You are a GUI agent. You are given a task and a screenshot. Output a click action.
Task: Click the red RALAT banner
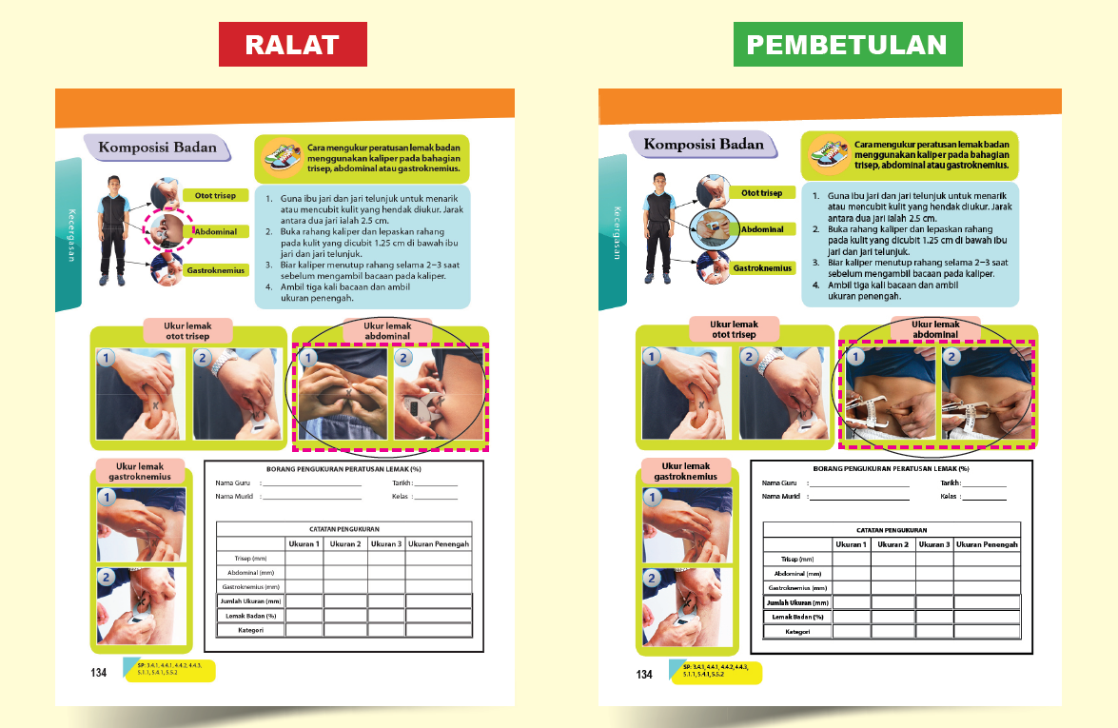[292, 44]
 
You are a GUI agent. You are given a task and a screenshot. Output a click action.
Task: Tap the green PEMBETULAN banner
[847, 44]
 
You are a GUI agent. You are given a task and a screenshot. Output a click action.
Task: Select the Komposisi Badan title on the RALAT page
[158, 148]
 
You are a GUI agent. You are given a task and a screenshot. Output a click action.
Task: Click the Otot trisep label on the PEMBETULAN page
[761, 193]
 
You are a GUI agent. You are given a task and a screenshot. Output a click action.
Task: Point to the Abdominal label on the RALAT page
[215, 231]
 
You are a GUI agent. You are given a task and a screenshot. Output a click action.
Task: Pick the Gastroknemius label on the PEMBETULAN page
[761, 268]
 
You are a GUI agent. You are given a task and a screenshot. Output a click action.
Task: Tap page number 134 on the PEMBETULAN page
[644, 675]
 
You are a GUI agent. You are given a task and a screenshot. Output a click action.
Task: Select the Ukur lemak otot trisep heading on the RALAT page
[188, 330]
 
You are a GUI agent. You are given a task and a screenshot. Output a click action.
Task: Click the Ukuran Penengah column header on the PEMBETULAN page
[987, 544]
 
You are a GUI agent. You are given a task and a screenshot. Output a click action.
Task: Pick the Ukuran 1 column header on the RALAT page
[304, 544]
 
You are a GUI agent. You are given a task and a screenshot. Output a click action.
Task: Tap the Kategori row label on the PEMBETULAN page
[797, 632]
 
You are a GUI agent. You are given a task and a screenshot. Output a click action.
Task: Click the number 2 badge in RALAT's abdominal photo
[402, 360]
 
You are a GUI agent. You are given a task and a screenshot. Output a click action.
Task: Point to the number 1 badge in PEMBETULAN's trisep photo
[652, 359]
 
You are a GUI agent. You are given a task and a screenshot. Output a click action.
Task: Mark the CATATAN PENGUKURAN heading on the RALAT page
[344, 529]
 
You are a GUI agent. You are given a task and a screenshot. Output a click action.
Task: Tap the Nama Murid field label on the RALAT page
[234, 496]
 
